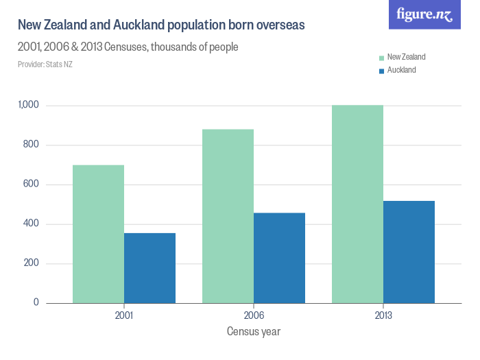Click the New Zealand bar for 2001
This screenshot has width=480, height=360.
click(x=98, y=234)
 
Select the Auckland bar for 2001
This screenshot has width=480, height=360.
click(x=149, y=268)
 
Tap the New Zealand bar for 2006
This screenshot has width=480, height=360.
click(x=228, y=216)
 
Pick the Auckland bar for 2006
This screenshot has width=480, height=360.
click(x=279, y=258)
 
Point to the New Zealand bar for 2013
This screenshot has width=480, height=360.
click(x=357, y=204)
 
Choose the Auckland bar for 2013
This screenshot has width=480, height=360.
click(x=409, y=252)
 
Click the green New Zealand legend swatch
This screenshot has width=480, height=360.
click(x=381, y=58)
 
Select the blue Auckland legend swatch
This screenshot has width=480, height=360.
click(x=381, y=70)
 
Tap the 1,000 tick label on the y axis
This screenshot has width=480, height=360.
click(x=30, y=106)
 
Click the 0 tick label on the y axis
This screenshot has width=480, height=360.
click(x=37, y=303)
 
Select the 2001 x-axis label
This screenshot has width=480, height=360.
click(x=124, y=316)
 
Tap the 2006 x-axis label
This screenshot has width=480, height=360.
click(x=254, y=316)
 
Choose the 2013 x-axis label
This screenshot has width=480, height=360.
click(x=383, y=316)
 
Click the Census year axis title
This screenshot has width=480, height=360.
click(x=253, y=332)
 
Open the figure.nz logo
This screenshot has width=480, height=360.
click(x=424, y=14)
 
